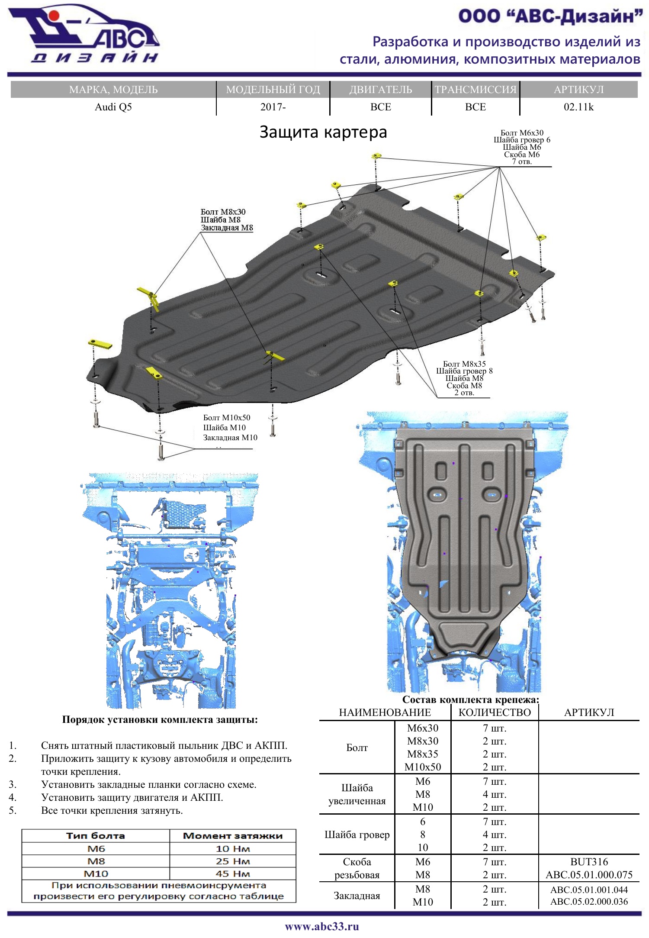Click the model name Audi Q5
click(x=113, y=107)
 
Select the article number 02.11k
click(x=578, y=107)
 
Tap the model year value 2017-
click(x=273, y=107)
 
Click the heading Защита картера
click(x=323, y=132)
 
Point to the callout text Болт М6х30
click(x=522, y=133)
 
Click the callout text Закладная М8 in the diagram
click(x=227, y=228)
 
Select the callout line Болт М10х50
click(x=227, y=418)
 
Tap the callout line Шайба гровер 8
click(x=464, y=371)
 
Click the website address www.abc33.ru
click(x=322, y=926)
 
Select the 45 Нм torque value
click(x=233, y=874)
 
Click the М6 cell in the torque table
click(x=96, y=848)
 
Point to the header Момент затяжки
click(x=233, y=836)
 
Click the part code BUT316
click(x=589, y=862)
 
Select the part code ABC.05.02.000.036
click(x=589, y=902)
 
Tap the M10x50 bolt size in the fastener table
click(x=423, y=767)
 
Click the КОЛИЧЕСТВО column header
click(x=495, y=712)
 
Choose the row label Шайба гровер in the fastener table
click(x=357, y=835)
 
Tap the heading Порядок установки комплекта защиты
click(x=160, y=720)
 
